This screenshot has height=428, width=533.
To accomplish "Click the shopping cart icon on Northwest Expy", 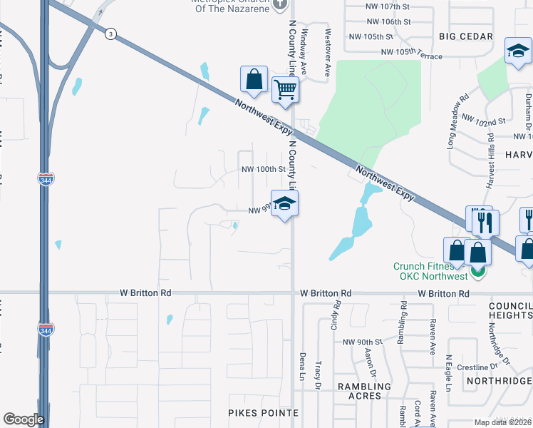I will point(285,90).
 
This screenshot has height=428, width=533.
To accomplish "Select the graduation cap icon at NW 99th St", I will point(284,203).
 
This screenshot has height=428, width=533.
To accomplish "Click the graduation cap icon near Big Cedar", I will point(518,51).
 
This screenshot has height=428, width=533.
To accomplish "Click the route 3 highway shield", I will point(110,34).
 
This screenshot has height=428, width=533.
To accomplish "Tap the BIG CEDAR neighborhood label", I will point(466,36).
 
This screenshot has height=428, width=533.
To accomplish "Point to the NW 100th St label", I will point(263,170).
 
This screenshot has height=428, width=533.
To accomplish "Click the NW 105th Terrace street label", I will point(412,52).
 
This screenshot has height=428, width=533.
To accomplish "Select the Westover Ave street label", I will point(328,42).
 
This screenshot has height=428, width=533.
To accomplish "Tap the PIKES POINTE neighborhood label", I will point(263,413).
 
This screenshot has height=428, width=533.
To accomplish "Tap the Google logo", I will point(23,419).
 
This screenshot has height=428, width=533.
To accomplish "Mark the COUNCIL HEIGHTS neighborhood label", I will point(510,310).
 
